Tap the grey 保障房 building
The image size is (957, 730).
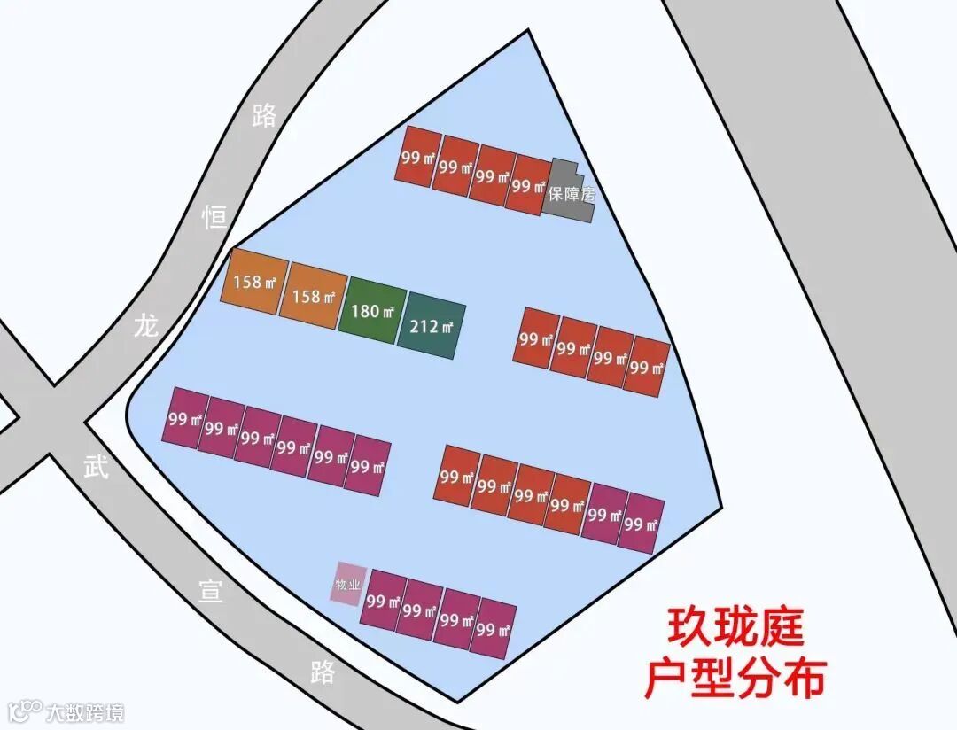(572, 193)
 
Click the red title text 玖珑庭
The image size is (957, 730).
(735, 627)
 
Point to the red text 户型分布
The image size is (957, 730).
(735, 679)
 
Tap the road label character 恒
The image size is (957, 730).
(214, 216)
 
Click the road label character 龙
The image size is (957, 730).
(145, 325)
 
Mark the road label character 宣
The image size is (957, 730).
(210, 591)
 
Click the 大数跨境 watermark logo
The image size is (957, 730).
(66, 711)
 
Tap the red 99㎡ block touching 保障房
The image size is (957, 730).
(529, 185)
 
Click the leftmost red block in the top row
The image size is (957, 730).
(417, 157)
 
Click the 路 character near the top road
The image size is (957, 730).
(264, 115)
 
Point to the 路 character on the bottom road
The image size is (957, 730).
(323, 672)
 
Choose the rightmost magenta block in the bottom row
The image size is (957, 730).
(493, 629)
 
